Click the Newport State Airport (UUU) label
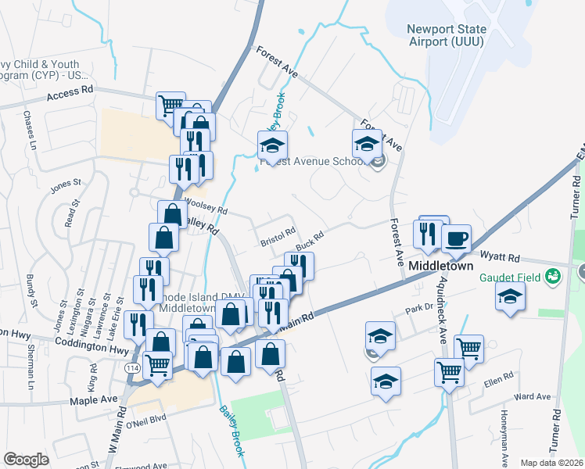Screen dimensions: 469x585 coord(446,36)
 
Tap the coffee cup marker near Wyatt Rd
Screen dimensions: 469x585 coord(456,238)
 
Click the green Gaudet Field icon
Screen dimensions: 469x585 coord(554,276)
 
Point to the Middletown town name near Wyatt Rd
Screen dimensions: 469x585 coord(442,267)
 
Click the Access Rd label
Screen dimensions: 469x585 coord(70,91)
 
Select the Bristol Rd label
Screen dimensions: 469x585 coord(278,236)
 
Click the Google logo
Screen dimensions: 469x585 coord(26,459)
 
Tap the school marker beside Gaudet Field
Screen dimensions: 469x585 coord(510,297)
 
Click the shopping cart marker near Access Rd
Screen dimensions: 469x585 coord(170,104)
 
